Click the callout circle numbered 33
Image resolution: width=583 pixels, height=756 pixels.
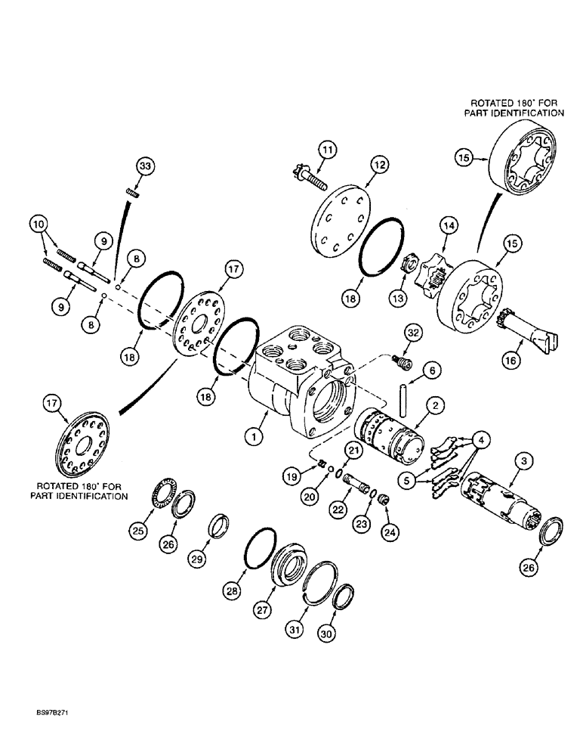tap(145, 166)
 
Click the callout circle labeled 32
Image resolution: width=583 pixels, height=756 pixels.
tap(412, 334)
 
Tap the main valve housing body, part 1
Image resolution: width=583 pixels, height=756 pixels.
tap(298, 370)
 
